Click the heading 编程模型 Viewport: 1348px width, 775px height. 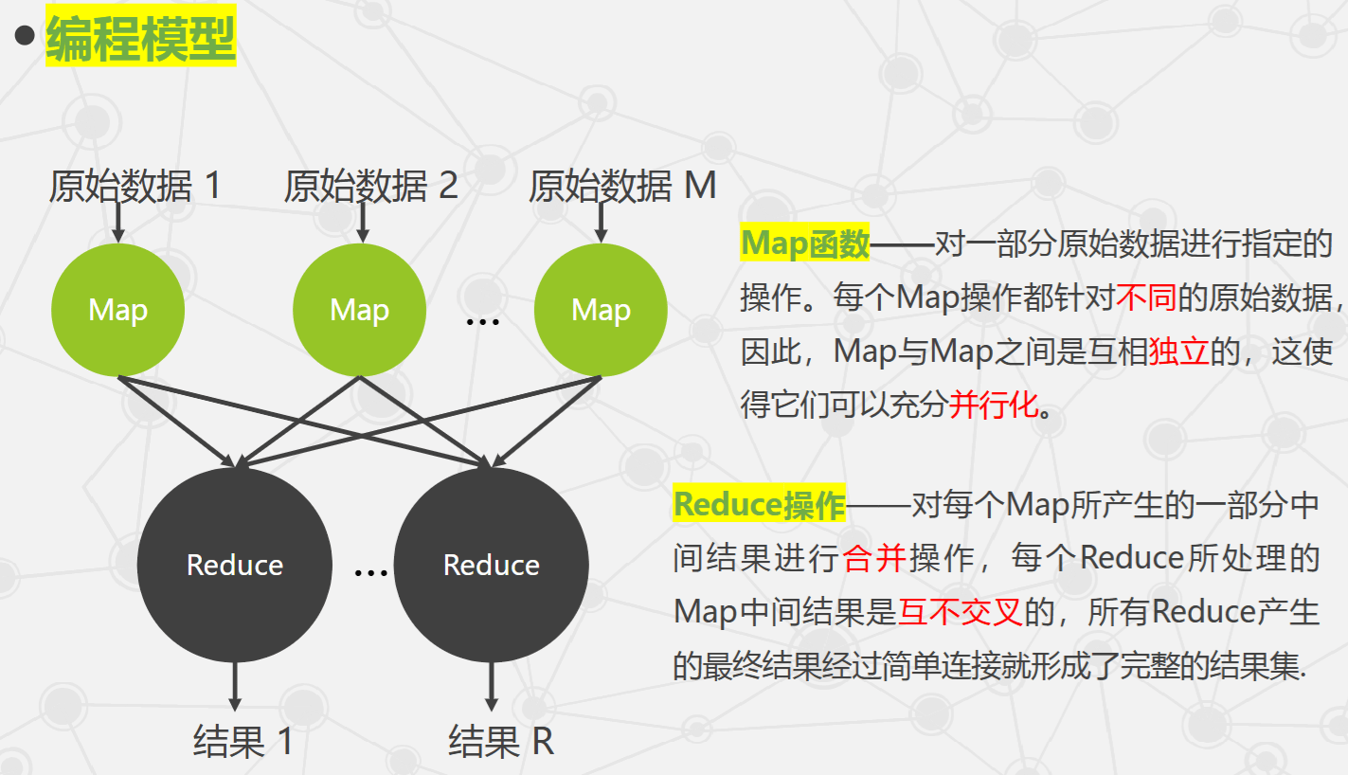(140, 41)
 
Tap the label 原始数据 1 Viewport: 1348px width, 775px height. (135, 186)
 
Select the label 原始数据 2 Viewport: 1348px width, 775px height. (370, 186)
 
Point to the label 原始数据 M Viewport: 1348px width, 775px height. (621, 186)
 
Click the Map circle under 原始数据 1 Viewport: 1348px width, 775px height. (117, 310)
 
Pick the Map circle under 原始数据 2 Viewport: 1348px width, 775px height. (359, 310)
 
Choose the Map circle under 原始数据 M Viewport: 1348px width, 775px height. (601, 310)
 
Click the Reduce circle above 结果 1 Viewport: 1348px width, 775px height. (235, 565)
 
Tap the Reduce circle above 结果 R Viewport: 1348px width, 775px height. (491, 565)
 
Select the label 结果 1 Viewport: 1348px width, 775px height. (243, 741)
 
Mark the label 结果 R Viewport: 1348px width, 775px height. (500, 741)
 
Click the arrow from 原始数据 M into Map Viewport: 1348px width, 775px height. (601, 222)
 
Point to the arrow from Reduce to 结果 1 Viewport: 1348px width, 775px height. (235, 686)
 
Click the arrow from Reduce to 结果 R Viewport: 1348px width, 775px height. (491, 686)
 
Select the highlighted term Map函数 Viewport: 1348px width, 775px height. (804, 244)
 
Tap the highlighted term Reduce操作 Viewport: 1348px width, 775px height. (759, 505)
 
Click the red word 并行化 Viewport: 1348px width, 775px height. (993, 406)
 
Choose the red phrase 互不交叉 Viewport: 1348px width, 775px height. (960, 612)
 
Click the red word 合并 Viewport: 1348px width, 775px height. (874, 558)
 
